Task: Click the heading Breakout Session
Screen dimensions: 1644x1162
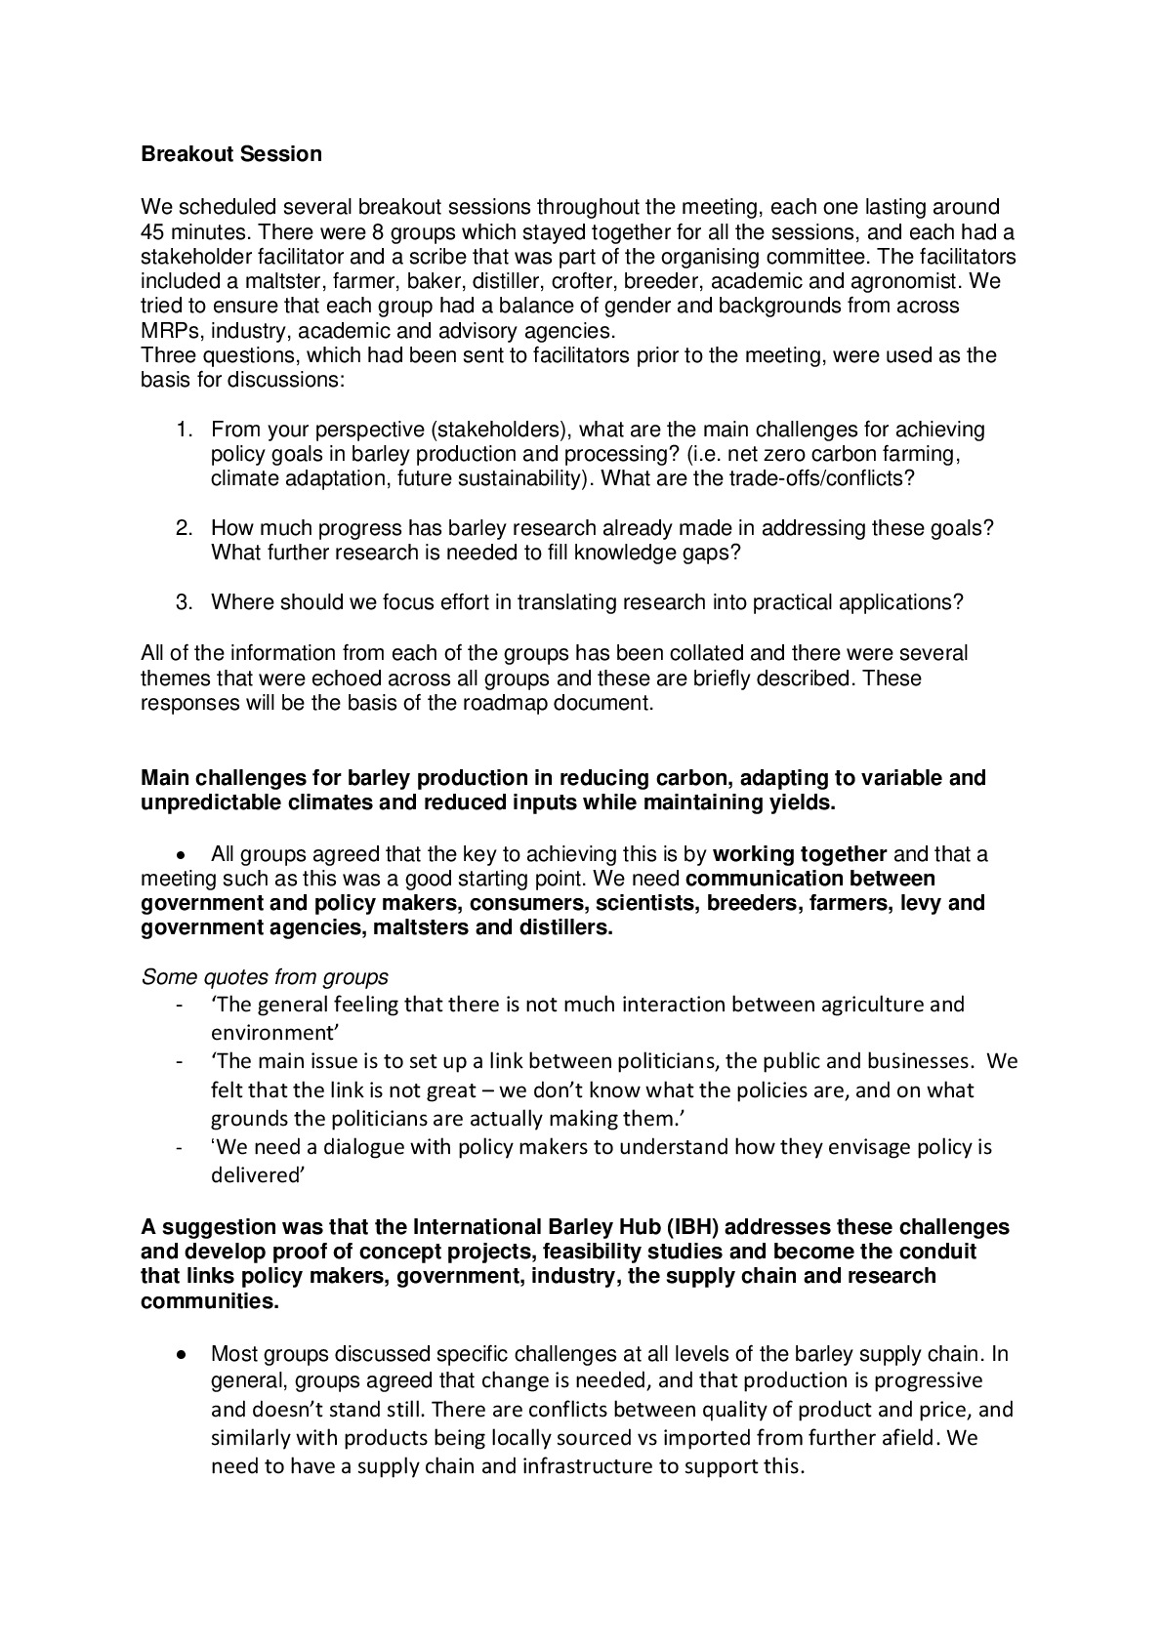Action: point(230,154)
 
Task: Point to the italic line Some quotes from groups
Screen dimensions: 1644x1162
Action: point(265,977)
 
